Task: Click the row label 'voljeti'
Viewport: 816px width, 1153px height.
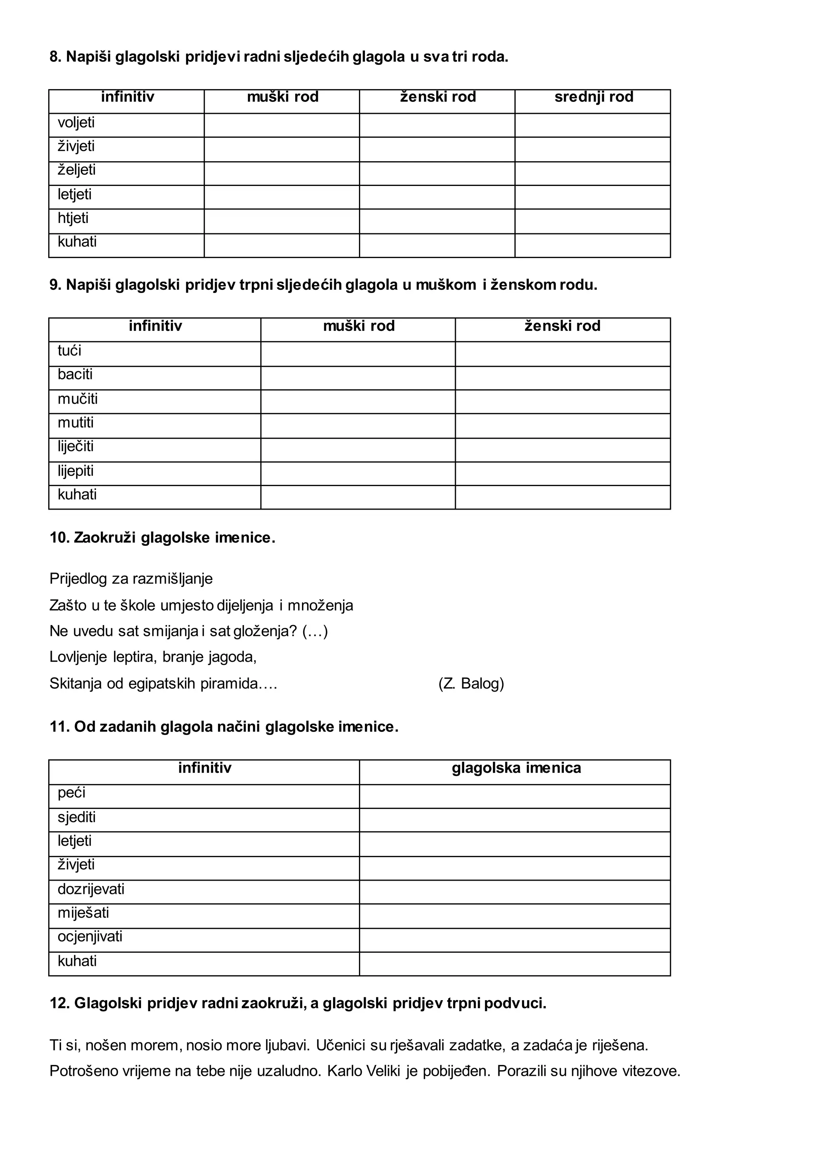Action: coord(76,123)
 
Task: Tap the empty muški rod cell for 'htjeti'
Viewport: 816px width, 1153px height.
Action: coord(281,221)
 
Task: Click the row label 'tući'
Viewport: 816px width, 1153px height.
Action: coord(69,350)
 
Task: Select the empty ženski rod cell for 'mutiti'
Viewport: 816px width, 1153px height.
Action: coord(562,426)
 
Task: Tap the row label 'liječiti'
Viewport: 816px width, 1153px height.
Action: coord(75,446)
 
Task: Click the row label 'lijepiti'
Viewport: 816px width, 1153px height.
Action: coord(75,471)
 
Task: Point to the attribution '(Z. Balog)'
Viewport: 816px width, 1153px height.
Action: coord(471,684)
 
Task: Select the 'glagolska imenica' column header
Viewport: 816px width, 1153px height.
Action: coord(516,768)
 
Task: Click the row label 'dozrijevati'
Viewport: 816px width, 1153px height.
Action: coord(91,889)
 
